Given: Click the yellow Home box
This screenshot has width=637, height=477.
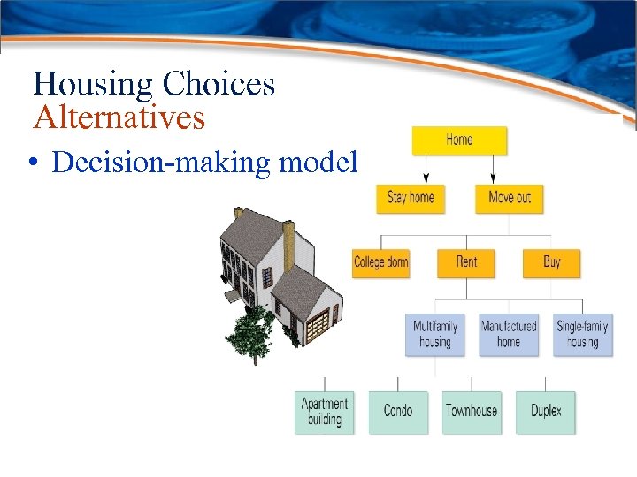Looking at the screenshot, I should click(x=458, y=140).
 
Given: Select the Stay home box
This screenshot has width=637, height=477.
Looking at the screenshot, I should click(x=410, y=197).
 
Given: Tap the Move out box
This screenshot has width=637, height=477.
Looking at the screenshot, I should click(x=509, y=197).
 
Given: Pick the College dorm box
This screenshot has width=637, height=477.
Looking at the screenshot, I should click(x=380, y=262).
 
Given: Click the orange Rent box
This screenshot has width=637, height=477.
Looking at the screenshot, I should click(x=466, y=262).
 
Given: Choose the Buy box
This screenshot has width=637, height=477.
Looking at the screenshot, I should click(x=551, y=262).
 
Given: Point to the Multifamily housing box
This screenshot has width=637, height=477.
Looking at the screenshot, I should click(x=434, y=334).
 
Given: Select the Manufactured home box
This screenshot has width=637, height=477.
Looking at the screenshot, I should click(x=509, y=334).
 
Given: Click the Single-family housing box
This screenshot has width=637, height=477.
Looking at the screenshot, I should click(x=582, y=334).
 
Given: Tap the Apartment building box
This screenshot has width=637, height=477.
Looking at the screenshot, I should click(x=324, y=412).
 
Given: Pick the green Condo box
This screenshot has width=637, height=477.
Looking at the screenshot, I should click(x=397, y=412).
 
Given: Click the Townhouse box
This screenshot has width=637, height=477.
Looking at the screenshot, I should click(x=471, y=412).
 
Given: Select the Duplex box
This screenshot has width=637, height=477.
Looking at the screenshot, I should click(x=545, y=412).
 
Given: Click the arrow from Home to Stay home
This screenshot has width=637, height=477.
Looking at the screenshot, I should click(x=426, y=169).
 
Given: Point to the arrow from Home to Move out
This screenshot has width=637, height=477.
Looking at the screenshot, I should click(x=493, y=169).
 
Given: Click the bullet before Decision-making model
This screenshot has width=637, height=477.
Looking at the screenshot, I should click(x=31, y=163).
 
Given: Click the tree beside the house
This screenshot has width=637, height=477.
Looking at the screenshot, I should click(x=249, y=334).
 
